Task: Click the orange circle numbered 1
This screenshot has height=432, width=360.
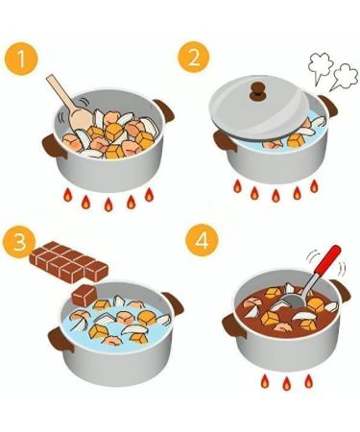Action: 21,59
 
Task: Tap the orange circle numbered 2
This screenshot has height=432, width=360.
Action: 194,57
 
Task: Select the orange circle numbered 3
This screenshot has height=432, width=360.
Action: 19,242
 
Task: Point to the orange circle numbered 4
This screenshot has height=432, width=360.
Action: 202,240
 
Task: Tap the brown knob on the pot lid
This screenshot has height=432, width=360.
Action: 257,90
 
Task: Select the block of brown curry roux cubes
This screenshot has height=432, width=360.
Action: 68,262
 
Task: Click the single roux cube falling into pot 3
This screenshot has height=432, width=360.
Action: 84,296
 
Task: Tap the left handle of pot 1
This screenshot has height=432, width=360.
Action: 54,147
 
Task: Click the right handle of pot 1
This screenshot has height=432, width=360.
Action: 164,110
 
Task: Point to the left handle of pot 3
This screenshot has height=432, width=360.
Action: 60,340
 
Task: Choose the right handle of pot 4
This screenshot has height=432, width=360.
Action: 341,290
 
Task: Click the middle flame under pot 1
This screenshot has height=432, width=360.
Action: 108,204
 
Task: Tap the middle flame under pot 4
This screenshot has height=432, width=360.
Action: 286,383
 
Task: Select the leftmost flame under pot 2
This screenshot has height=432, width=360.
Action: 237,186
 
